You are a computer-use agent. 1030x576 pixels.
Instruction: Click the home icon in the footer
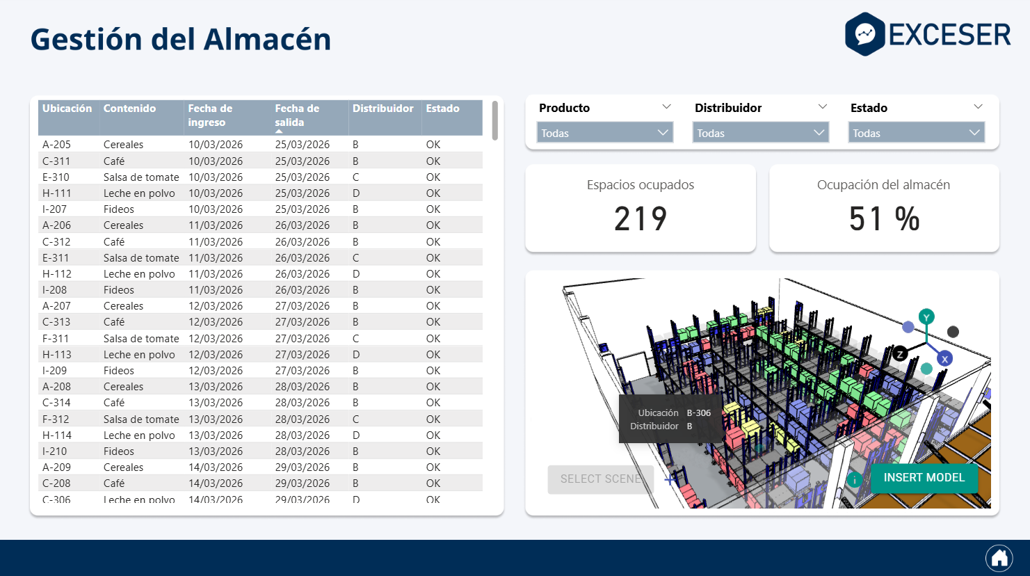(x=999, y=558)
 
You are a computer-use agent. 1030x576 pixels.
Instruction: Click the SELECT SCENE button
(x=600, y=479)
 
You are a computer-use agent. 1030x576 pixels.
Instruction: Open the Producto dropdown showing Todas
(x=605, y=133)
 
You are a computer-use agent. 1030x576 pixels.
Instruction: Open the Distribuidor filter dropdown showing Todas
(x=761, y=133)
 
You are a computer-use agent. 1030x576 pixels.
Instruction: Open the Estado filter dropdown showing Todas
(x=916, y=133)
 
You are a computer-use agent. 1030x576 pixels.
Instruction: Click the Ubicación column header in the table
(x=67, y=109)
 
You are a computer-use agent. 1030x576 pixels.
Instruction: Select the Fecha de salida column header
(x=297, y=115)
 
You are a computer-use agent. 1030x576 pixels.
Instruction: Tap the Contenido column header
(x=129, y=109)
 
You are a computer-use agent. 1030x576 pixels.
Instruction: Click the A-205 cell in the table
(x=56, y=145)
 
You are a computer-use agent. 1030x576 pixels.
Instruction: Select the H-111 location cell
(x=56, y=193)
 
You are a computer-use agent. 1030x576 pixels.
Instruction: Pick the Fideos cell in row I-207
(x=119, y=209)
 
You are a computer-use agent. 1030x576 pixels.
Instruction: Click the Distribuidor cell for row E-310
(x=355, y=177)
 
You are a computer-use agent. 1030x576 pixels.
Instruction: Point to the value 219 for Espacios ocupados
(x=640, y=219)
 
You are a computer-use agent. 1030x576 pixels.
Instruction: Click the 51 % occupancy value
(x=883, y=219)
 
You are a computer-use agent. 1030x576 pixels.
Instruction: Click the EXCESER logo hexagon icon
(x=864, y=34)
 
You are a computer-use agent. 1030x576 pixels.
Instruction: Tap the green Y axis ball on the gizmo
(x=926, y=317)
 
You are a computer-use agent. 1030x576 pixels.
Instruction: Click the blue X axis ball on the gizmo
(x=944, y=359)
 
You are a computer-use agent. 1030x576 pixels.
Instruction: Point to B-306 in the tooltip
(x=698, y=413)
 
